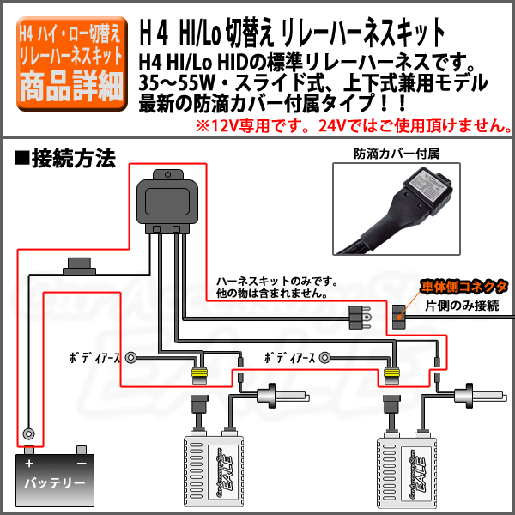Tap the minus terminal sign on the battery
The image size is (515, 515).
81,463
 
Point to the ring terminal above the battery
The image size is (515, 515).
30,433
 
